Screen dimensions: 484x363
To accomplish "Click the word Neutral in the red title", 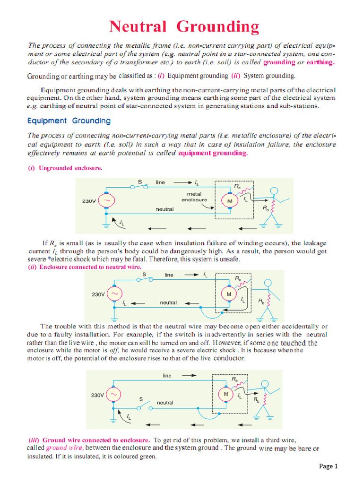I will (x=138, y=26).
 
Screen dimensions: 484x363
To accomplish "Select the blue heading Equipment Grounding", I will (x=69, y=121).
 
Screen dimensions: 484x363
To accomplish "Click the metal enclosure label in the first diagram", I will (x=194, y=197).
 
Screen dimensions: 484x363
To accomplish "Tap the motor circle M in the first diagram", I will (x=230, y=201).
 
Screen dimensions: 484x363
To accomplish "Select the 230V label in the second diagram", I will (x=98, y=294).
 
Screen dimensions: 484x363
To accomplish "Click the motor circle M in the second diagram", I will (x=229, y=294).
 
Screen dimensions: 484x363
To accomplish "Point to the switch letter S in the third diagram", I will (x=140, y=399).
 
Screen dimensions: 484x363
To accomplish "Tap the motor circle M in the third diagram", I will (x=226, y=394).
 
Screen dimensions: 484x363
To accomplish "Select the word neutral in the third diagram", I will (x=165, y=403).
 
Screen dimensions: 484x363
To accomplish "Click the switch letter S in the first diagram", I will (x=140, y=182).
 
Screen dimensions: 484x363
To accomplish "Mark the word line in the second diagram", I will (x=169, y=275).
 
